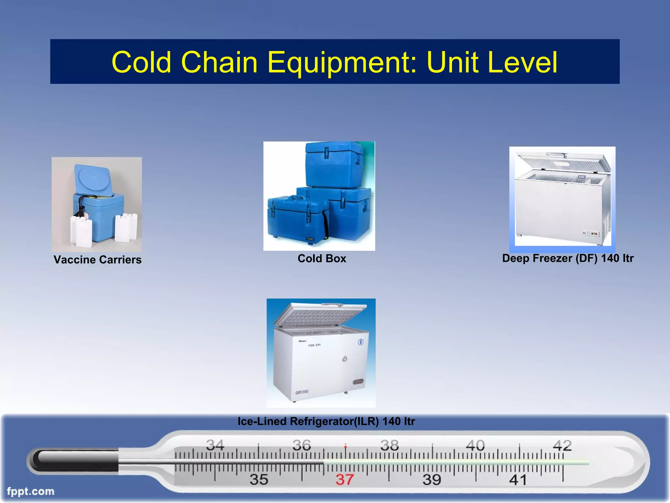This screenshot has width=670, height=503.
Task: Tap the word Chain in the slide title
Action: pos(219,62)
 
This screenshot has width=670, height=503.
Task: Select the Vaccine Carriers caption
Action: pos(97,260)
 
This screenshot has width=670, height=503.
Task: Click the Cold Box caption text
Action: pos(322,259)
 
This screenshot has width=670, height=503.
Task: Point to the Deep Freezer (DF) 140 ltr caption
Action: pos(568,258)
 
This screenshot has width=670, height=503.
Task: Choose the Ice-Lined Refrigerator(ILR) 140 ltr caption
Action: pos(326,421)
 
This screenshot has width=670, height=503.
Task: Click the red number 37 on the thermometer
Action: pos(344,480)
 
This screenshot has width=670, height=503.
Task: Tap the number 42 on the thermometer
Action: pos(562,445)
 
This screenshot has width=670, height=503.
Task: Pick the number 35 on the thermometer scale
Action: pos(259,480)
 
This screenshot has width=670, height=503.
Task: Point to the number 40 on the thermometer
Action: pos(475,445)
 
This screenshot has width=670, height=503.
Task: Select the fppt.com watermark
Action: pos(30,491)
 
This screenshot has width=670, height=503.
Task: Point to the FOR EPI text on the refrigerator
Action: pos(314,345)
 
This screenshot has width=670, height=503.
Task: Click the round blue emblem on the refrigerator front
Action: pos(361,342)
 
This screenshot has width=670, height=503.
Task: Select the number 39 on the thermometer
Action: pos(432,480)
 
